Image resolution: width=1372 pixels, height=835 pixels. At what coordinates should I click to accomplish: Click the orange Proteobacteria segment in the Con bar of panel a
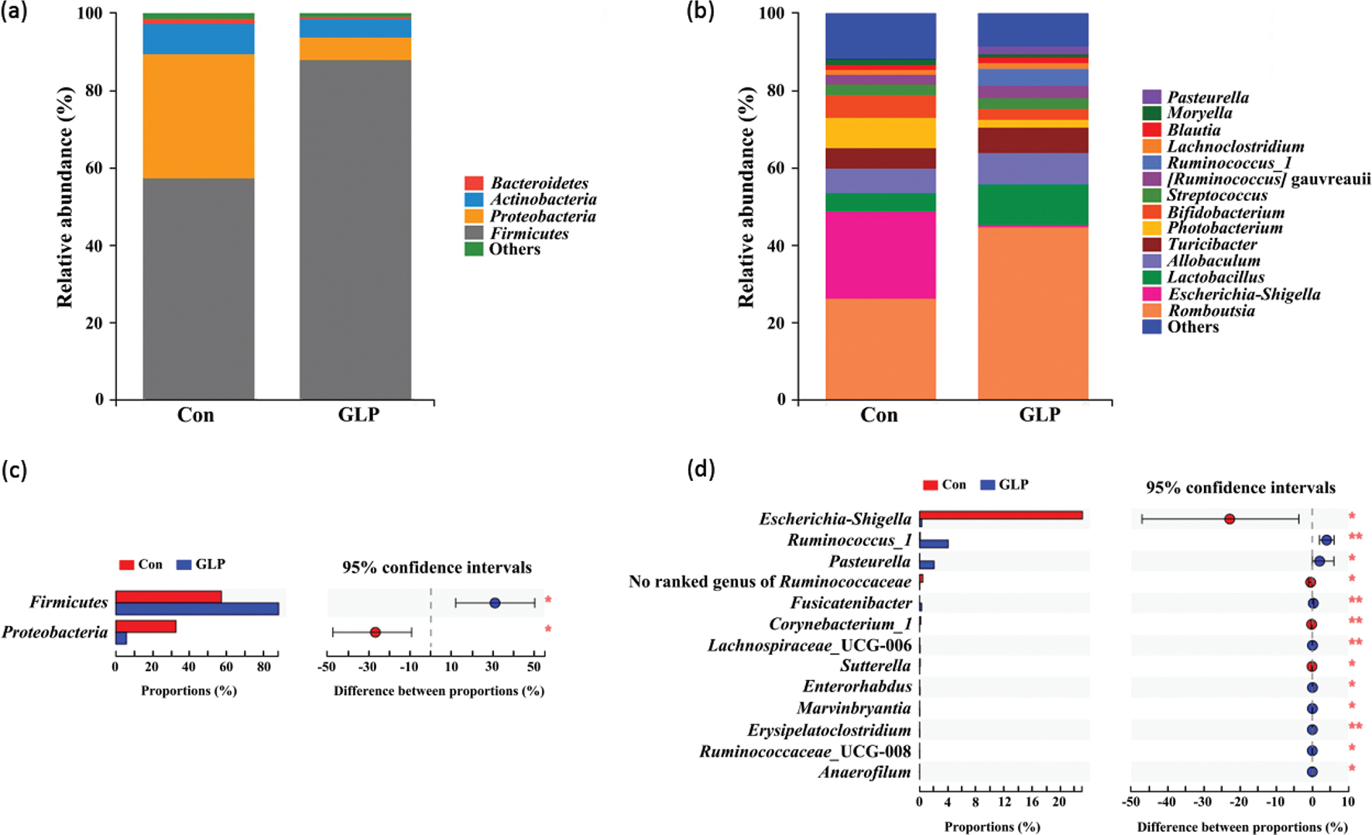pos(198,116)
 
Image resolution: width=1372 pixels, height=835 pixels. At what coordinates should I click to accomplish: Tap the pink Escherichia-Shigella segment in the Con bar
pos(880,255)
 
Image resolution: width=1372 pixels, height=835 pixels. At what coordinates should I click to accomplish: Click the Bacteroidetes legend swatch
pos(474,183)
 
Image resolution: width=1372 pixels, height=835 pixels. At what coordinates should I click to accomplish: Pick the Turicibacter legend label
pos(1212,244)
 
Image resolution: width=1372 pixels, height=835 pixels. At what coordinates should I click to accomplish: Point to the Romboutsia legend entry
pos(1211,311)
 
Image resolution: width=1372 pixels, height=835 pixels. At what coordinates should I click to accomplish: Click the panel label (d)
pos(701,469)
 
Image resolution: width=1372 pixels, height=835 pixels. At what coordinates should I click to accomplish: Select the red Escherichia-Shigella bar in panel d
pos(1000,515)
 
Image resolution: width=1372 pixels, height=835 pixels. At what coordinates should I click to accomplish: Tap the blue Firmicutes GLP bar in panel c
pos(197,609)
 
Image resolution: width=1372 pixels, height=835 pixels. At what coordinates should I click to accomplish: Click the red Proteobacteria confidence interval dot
pos(376,632)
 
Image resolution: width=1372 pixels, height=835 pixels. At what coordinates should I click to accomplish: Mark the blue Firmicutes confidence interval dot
pos(495,603)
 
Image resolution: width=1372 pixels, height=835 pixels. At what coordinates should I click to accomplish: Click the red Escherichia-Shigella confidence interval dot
pos(1230,519)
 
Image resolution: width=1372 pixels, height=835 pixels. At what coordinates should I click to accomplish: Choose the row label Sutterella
pos(876,665)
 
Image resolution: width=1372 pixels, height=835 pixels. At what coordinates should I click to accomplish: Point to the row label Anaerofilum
pos(865,771)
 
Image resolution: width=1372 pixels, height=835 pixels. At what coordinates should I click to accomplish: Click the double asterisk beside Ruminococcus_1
pos(1355,537)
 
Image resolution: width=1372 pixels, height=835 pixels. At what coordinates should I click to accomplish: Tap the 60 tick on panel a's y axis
pos(94,168)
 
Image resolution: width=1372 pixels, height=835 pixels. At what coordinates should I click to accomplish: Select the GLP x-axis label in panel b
pos(1039,415)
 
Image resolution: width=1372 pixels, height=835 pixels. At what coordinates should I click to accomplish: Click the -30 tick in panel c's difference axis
pos(368,667)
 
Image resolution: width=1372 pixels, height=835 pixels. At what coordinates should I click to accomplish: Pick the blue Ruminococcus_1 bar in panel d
pos(934,544)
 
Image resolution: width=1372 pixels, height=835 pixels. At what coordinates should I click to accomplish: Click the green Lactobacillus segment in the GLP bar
pos(1033,204)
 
